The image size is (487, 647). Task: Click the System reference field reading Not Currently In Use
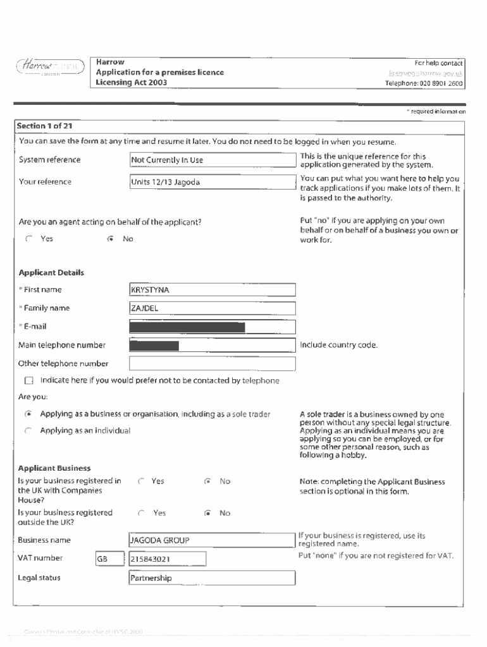click(213, 160)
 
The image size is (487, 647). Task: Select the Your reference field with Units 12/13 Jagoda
click(213, 182)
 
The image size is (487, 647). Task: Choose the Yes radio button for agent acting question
click(28, 239)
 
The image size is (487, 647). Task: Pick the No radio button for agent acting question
click(111, 239)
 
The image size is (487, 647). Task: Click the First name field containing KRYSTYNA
click(213, 290)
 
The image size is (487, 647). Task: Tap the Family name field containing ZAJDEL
click(213, 308)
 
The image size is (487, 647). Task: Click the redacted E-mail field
click(213, 327)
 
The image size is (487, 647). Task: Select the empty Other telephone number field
click(213, 364)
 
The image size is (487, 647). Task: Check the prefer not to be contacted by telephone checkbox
click(28, 381)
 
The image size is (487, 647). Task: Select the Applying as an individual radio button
click(28, 431)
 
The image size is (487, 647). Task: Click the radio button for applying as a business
click(28, 414)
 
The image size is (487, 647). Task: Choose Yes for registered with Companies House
click(141, 481)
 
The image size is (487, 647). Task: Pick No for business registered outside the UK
click(207, 513)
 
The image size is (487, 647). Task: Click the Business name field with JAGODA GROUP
click(213, 540)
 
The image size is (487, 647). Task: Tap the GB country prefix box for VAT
click(109, 559)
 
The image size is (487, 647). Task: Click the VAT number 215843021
click(168, 559)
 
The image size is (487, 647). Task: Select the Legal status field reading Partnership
click(213, 578)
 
